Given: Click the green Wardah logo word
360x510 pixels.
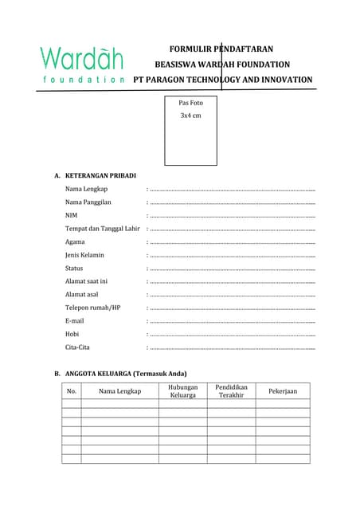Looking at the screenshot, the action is (x=80, y=58).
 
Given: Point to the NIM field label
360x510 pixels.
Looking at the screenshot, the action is (x=72, y=215).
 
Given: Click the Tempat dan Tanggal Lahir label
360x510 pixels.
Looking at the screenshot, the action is (x=102, y=229).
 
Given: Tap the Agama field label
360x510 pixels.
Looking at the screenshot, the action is (x=75, y=241).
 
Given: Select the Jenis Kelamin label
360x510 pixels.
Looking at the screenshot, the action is (x=84, y=255).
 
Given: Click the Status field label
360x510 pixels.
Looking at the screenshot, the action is (x=74, y=269).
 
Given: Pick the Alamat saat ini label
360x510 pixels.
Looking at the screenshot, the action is (x=86, y=281).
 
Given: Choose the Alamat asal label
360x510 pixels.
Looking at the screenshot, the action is (x=83, y=295).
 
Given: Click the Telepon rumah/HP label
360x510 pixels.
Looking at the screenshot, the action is (x=92, y=308).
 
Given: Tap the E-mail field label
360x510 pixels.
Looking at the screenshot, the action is (x=74, y=321).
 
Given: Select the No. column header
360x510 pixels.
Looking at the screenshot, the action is (x=72, y=391).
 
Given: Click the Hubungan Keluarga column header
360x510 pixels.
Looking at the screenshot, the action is (x=182, y=390).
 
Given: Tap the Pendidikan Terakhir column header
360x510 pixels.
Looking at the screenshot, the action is (x=231, y=390).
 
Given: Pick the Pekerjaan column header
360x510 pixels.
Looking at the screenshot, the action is (x=282, y=391).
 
